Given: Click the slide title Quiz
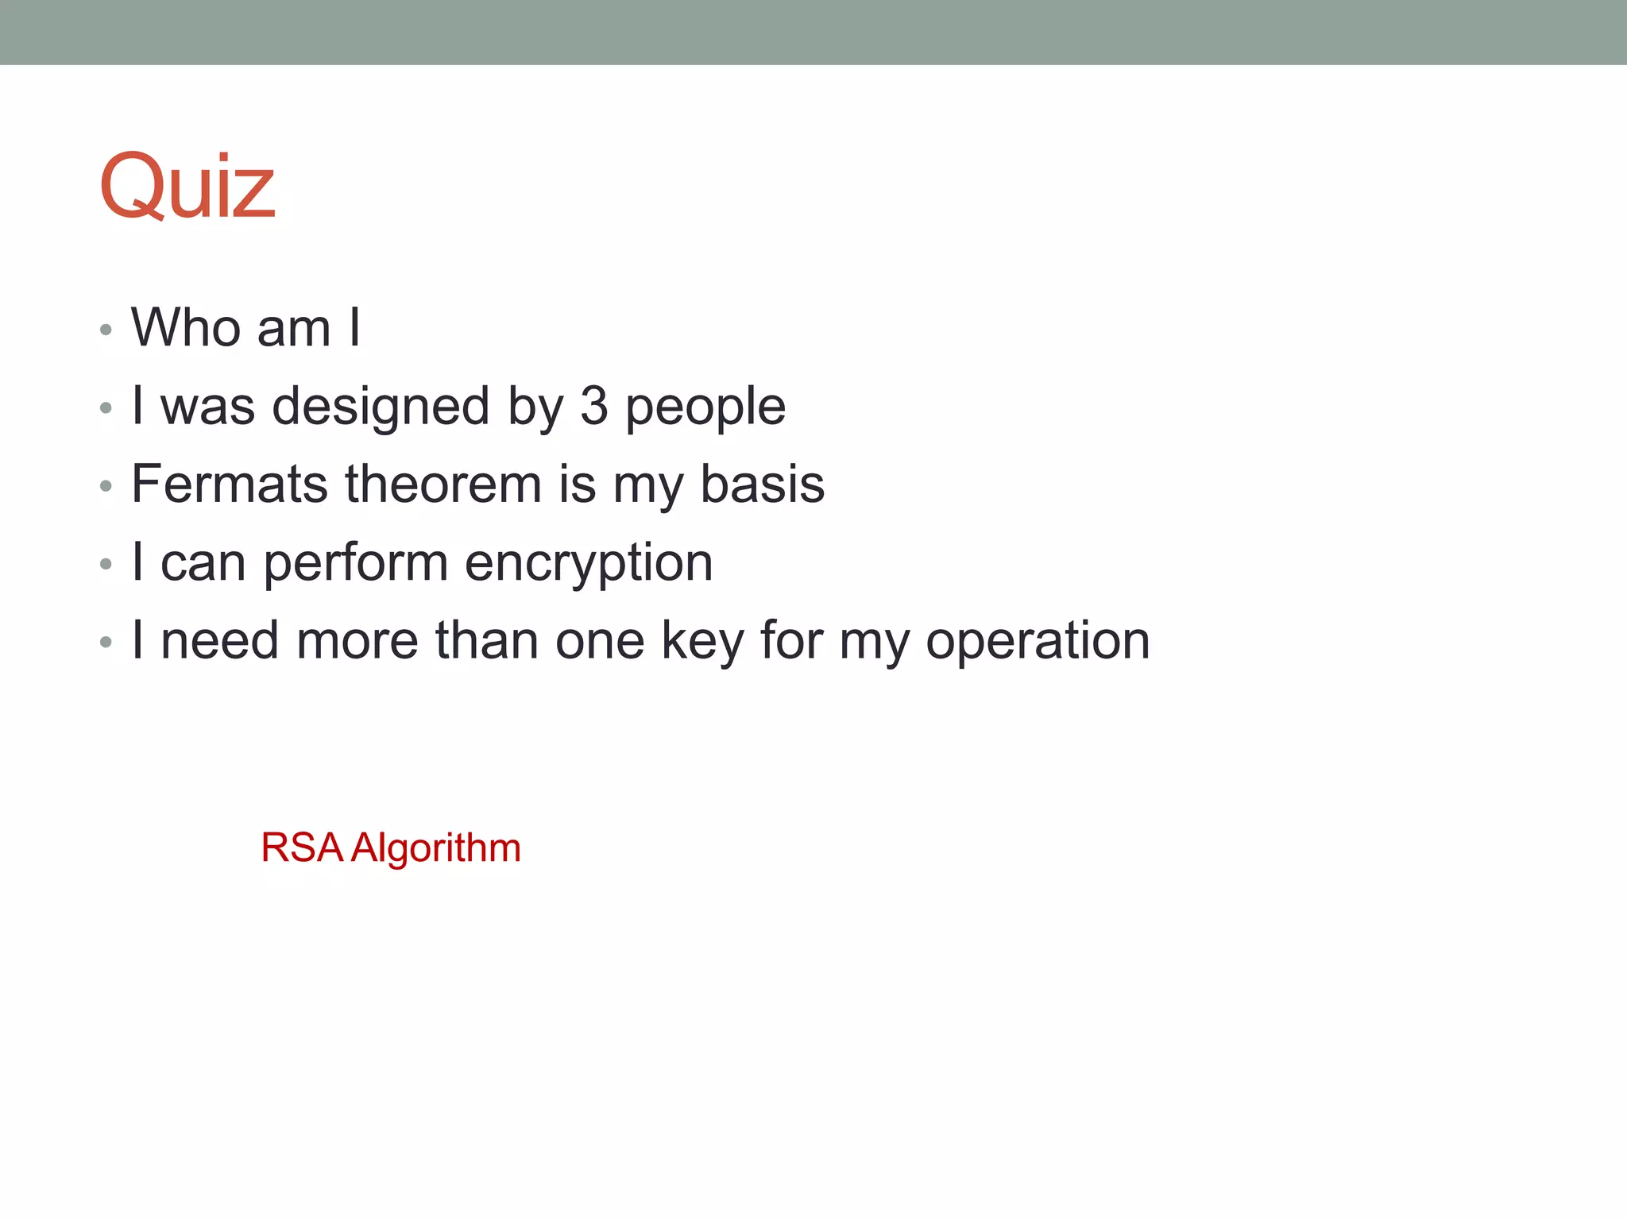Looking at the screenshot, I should [187, 187].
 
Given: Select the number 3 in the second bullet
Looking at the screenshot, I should [594, 406].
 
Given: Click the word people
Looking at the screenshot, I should [705, 407].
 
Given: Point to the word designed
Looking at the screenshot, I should [381, 406].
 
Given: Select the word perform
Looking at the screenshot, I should [356, 563].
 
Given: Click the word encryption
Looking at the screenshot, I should [589, 563].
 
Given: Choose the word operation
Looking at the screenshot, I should [1038, 641].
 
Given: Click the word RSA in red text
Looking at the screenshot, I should [302, 847].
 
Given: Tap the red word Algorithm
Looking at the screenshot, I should [436, 848].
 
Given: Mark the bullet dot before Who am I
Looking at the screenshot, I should [106, 330].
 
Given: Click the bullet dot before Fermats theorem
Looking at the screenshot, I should [106, 486].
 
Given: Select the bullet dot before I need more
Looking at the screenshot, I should [106, 643].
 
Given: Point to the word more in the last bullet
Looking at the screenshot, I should [357, 640].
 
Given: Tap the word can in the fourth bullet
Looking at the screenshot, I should [203, 563].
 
